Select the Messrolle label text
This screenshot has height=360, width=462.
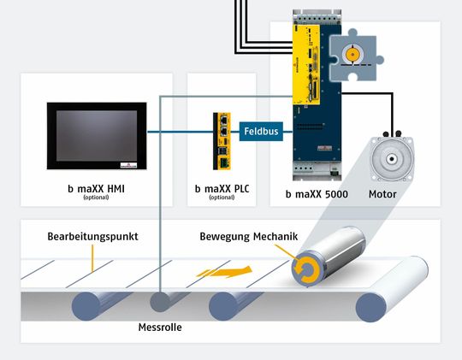pos(160,328)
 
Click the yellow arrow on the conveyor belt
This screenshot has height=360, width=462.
pos(222,271)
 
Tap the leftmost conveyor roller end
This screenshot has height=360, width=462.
pos(88,305)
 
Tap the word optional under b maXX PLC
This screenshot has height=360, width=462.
pos(221,198)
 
